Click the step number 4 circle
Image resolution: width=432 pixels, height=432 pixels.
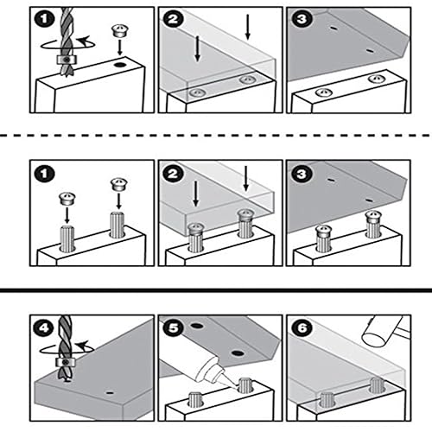pyautogui.click(x=44, y=328)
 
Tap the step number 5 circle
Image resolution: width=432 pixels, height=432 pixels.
pyautogui.click(x=173, y=328)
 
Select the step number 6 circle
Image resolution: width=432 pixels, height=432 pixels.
pyautogui.click(x=302, y=328)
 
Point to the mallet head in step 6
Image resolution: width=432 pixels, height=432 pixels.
pyautogui.click(x=380, y=331)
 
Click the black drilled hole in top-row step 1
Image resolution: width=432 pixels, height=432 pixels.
pyautogui.click(x=119, y=65)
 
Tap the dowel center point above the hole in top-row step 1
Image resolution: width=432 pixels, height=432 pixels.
pyautogui.click(x=119, y=30)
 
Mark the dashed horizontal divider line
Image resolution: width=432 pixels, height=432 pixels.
pyautogui.click(x=216, y=135)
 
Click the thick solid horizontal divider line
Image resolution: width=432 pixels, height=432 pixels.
pyautogui.click(x=216, y=290)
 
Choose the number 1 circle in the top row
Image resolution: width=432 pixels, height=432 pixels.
pyautogui.click(x=44, y=20)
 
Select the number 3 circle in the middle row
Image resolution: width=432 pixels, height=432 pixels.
pyautogui.click(x=302, y=174)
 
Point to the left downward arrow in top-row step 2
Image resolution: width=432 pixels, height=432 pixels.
pyautogui.click(x=197, y=48)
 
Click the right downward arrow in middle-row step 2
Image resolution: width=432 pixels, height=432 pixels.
pyautogui.click(x=245, y=178)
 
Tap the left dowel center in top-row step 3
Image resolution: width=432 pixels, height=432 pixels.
pyautogui.click(x=324, y=92)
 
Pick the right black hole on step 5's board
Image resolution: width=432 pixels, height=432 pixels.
pyautogui.click(x=238, y=353)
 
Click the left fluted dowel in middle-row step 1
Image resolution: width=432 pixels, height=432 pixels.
pyautogui.click(x=67, y=238)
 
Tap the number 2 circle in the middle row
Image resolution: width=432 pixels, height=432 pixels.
pyautogui.click(x=173, y=174)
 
